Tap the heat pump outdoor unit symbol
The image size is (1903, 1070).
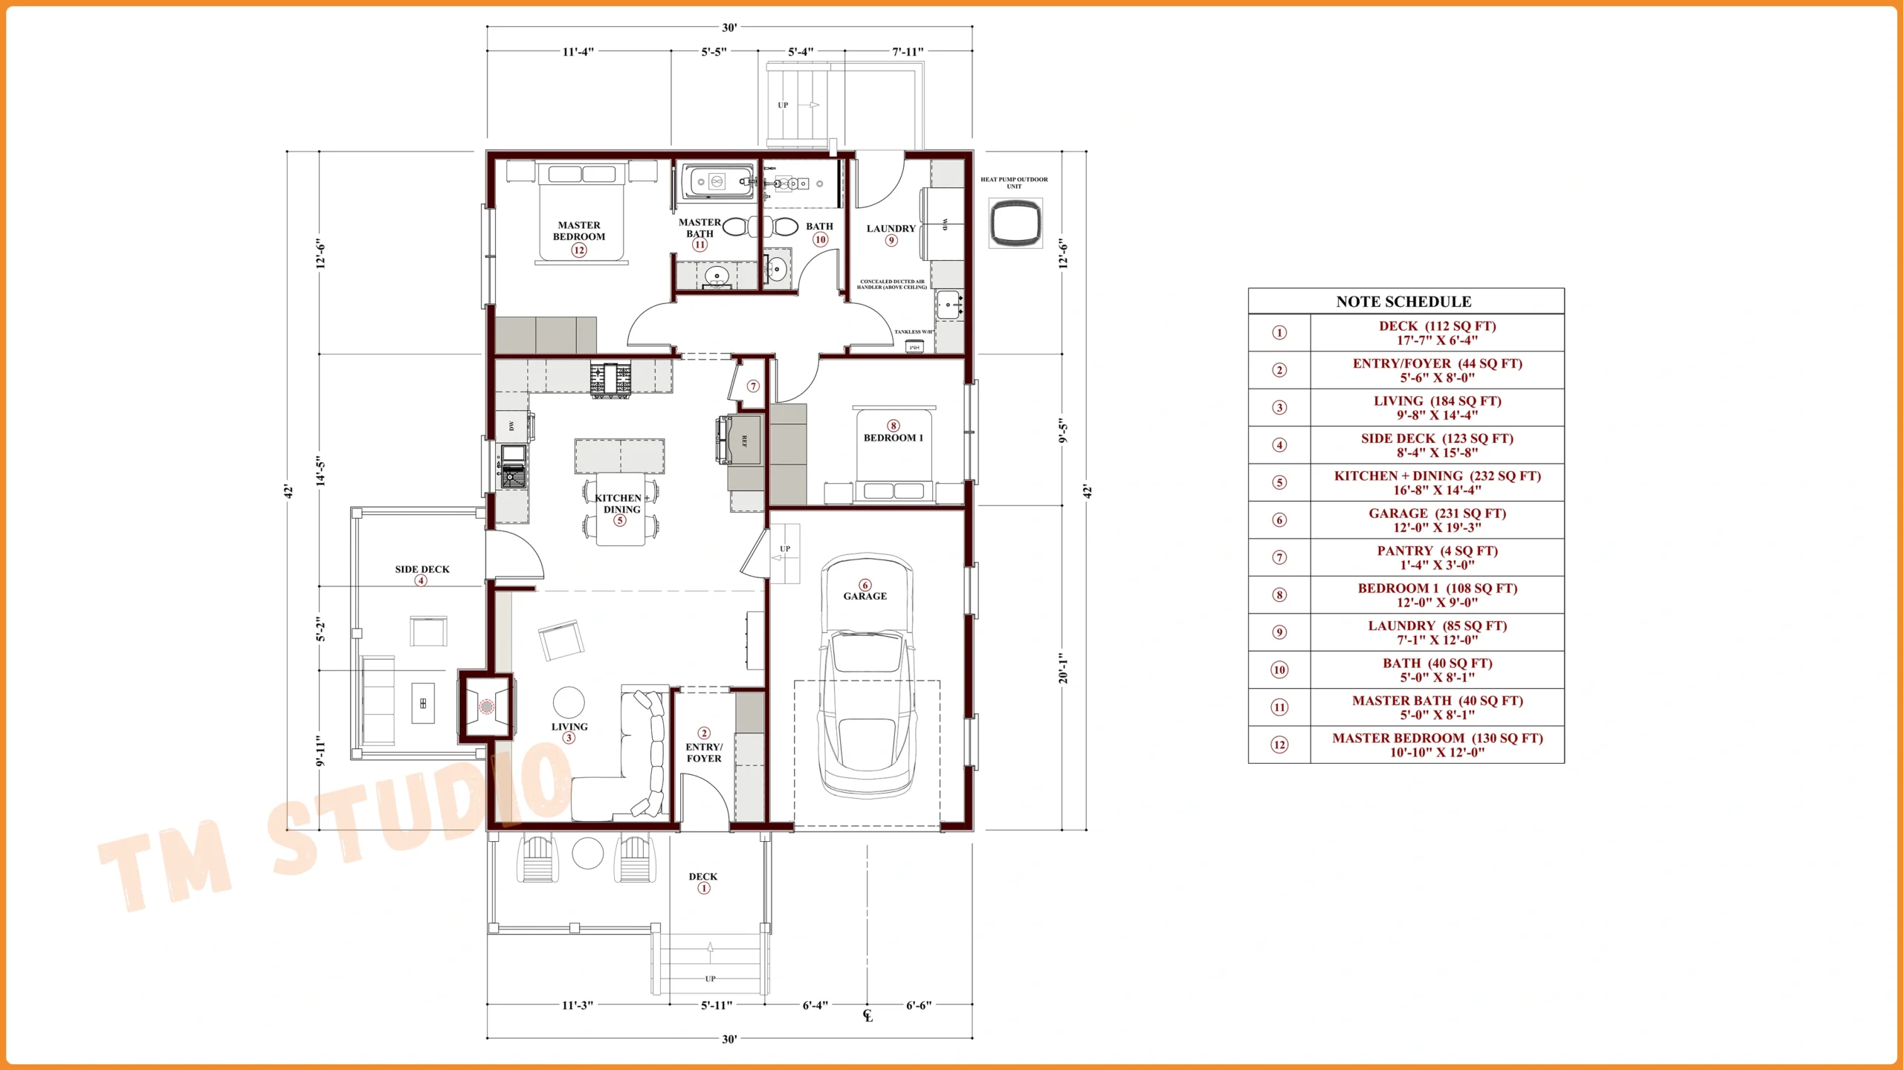pyautogui.click(x=1015, y=223)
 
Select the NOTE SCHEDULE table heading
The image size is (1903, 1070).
pyautogui.click(x=1403, y=302)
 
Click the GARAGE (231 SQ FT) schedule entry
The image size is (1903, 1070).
pyautogui.click(x=1436, y=520)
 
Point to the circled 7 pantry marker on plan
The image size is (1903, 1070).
pyautogui.click(x=754, y=386)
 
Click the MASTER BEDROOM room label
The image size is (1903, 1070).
pyautogui.click(x=579, y=230)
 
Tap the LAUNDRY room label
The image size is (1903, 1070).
pyautogui.click(x=891, y=229)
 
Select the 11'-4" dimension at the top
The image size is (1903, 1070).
pyautogui.click(x=578, y=52)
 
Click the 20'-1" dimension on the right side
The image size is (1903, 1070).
pyautogui.click(x=1063, y=668)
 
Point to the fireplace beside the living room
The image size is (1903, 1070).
pyautogui.click(x=486, y=706)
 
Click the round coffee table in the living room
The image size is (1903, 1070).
pyautogui.click(x=569, y=701)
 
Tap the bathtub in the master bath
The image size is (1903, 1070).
pyautogui.click(x=717, y=181)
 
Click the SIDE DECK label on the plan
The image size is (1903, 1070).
pyautogui.click(x=422, y=569)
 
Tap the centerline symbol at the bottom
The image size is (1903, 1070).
pyautogui.click(x=868, y=1015)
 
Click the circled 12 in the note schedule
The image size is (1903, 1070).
pyautogui.click(x=1279, y=745)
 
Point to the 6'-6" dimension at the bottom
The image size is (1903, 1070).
pyautogui.click(x=918, y=1005)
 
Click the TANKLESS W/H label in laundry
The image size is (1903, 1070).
pyautogui.click(x=913, y=332)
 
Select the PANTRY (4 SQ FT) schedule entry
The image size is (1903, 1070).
pyautogui.click(x=1436, y=557)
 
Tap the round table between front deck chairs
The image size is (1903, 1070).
pyautogui.click(x=587, y=853)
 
